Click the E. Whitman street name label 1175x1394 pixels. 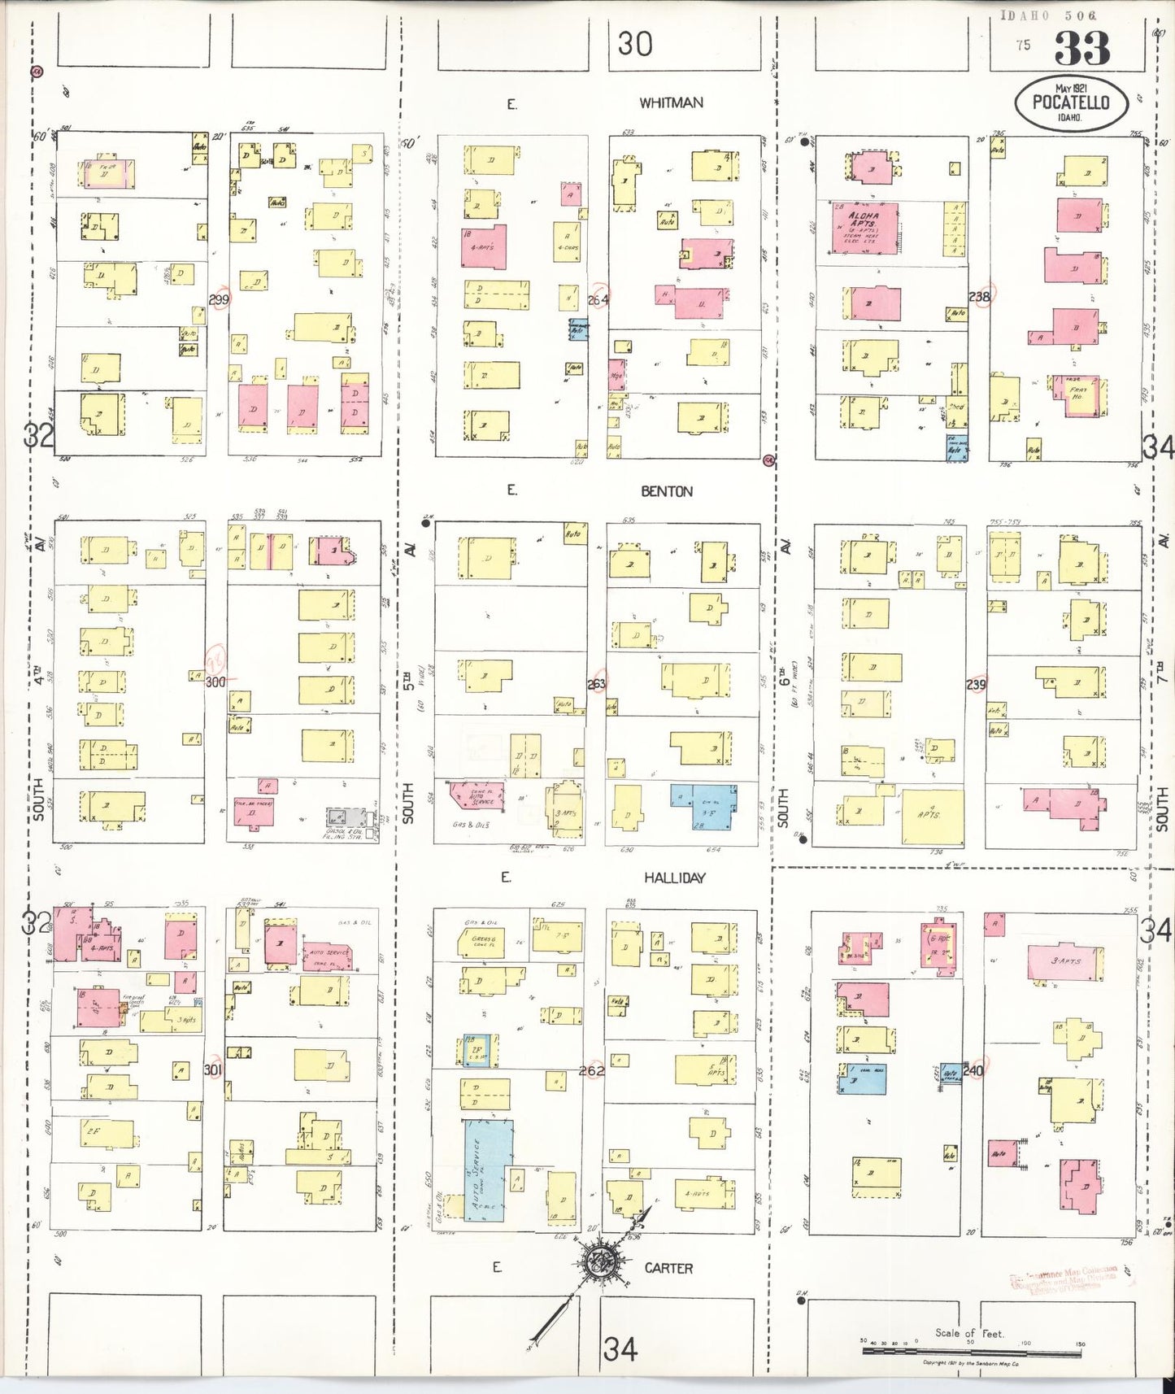(x=670, y=103)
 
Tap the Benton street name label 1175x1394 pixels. (x=666, y=491)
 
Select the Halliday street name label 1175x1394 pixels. (x=674, y=878)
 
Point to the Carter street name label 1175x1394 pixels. (x=668, y=1268)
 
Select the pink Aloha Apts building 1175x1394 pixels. (x=864, y=229)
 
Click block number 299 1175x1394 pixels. (x=219, y=299)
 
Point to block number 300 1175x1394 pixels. (x=215, y=682)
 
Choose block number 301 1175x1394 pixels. (x=213, y=1069)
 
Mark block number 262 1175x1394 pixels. (x=591, y=1070)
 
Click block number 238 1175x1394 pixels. (x=980, y=297)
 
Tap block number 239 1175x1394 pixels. (x=976, y=684)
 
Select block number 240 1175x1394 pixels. (x=973, y=1071)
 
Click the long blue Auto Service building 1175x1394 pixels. (x=485, y=1170)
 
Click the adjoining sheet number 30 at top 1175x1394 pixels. (x=634, y=43)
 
